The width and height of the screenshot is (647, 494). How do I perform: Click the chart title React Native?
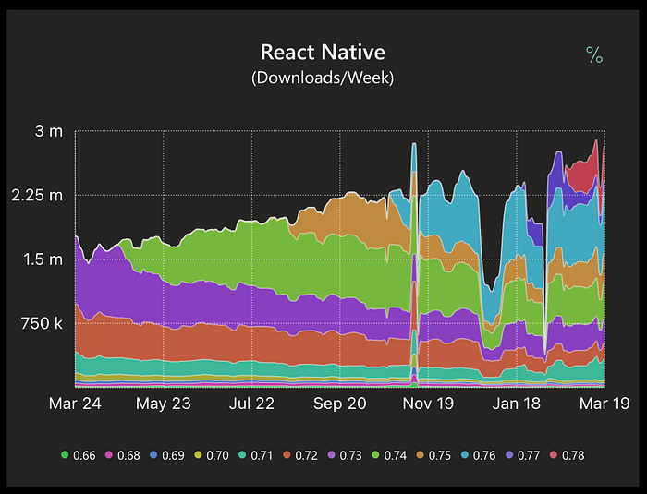[323, 52]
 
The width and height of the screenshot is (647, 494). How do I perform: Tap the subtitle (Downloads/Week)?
[323, 78]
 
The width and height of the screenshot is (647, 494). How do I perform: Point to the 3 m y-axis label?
[49, 131]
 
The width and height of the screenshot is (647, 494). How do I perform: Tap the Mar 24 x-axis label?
[76, 404]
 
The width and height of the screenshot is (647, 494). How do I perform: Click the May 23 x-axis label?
[163, 404]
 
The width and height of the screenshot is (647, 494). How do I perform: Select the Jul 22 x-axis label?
[251, 404]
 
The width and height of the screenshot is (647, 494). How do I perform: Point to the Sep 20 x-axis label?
[340, 404]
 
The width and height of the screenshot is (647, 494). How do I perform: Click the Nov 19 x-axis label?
[429, 404]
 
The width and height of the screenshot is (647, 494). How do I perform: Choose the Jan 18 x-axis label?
[516, 404]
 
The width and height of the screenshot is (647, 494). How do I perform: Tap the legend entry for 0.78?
[566, 455]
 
